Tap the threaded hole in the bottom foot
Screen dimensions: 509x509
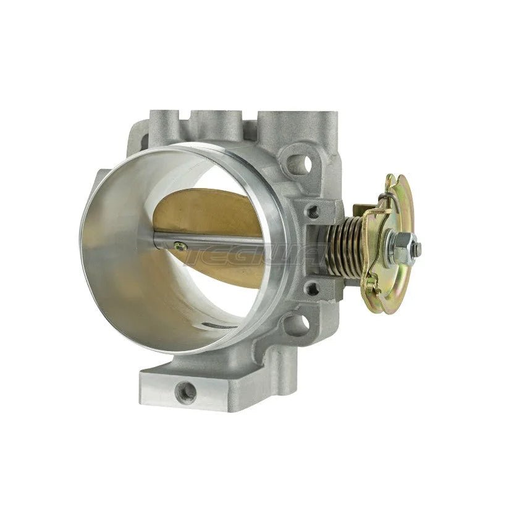click(x=185, y=390)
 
